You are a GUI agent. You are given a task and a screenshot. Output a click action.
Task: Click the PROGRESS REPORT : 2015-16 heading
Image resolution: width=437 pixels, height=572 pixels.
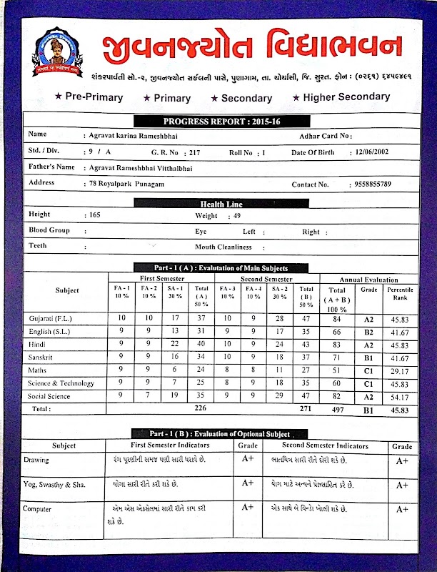coord(221,121)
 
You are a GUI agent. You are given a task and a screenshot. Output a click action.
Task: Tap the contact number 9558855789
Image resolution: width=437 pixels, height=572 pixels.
coord(373,184)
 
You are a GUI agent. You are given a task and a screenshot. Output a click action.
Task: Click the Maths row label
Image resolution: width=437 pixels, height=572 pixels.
coord(37,370)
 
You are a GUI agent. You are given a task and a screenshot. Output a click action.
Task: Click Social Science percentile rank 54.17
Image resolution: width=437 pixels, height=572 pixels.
coord(400,396)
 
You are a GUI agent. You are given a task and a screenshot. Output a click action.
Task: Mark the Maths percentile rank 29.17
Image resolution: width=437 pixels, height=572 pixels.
coord(400,370)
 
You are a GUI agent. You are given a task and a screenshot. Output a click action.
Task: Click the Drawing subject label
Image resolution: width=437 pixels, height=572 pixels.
coord(37,459)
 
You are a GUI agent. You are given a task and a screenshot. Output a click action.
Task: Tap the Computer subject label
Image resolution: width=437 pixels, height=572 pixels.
coord(40,508)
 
